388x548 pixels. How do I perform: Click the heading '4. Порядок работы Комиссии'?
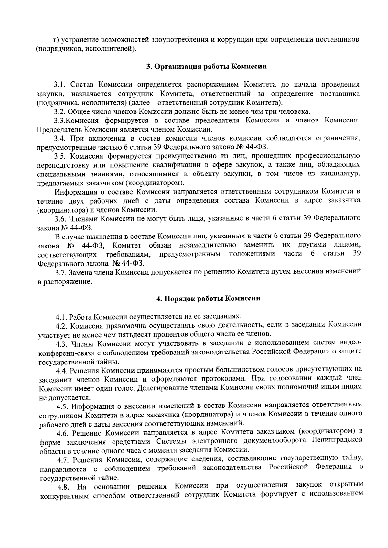point(208,299)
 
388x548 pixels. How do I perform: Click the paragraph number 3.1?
point(60,85)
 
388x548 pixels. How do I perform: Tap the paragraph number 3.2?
point(60,112)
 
